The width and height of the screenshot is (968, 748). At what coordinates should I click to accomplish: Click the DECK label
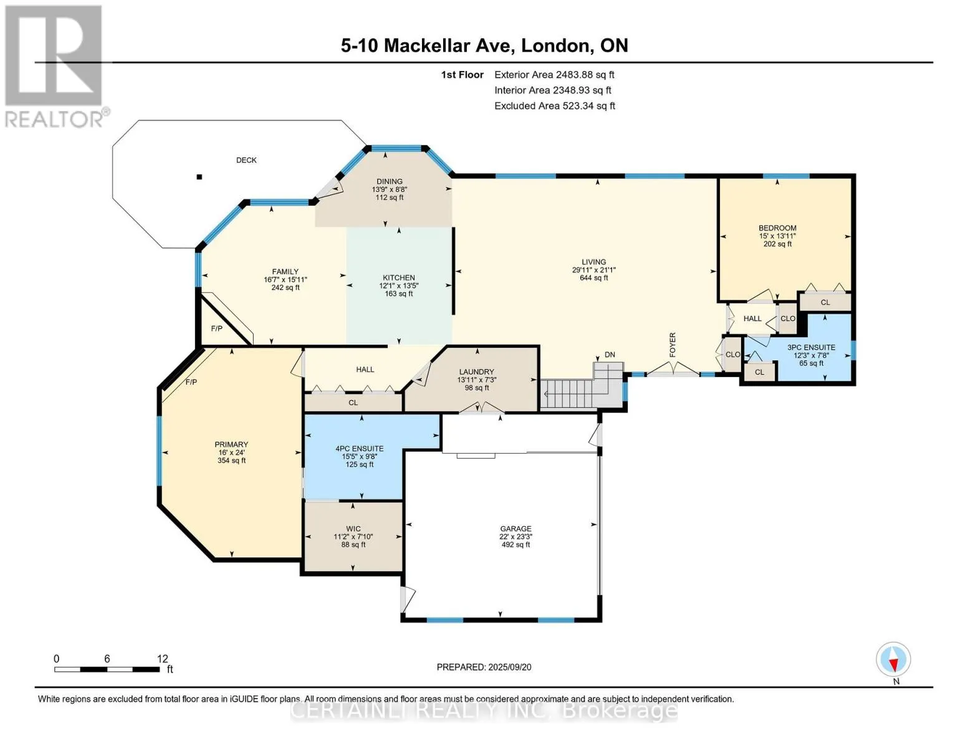point(246,160)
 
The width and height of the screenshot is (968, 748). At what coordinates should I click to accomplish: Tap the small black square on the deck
point(199,177)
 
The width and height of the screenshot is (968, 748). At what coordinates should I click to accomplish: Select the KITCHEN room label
point(399,277)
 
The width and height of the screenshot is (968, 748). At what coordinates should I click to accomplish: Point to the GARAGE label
point(515,529)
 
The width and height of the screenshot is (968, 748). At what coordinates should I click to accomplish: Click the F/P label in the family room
point(216,328)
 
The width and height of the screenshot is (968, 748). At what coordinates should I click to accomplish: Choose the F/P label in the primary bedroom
point(191,382)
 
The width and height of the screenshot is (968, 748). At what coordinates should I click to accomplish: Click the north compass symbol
point(893,659)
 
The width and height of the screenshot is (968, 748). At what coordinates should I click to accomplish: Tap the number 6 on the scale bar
point(107,659)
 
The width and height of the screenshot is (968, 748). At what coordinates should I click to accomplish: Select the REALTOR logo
point(55,67)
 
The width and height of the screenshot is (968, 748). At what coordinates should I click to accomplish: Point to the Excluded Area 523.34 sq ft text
point(555,106)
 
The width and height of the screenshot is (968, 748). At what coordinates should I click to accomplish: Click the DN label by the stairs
point(610,355)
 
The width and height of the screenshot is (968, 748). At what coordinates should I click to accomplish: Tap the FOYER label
point(673,344)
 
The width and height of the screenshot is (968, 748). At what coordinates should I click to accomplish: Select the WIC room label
point(353,529)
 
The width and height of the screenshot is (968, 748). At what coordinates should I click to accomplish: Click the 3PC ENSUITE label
point(811,347)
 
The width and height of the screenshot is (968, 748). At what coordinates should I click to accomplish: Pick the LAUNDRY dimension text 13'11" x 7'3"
point(477,380)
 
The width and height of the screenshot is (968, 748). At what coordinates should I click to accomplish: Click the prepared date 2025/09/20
point(510,667)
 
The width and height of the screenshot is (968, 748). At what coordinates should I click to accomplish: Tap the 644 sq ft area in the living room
point(594,278)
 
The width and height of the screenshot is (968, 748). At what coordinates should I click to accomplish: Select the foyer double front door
point(673,369)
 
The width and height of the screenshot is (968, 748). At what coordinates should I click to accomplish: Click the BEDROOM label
point(777,228)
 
